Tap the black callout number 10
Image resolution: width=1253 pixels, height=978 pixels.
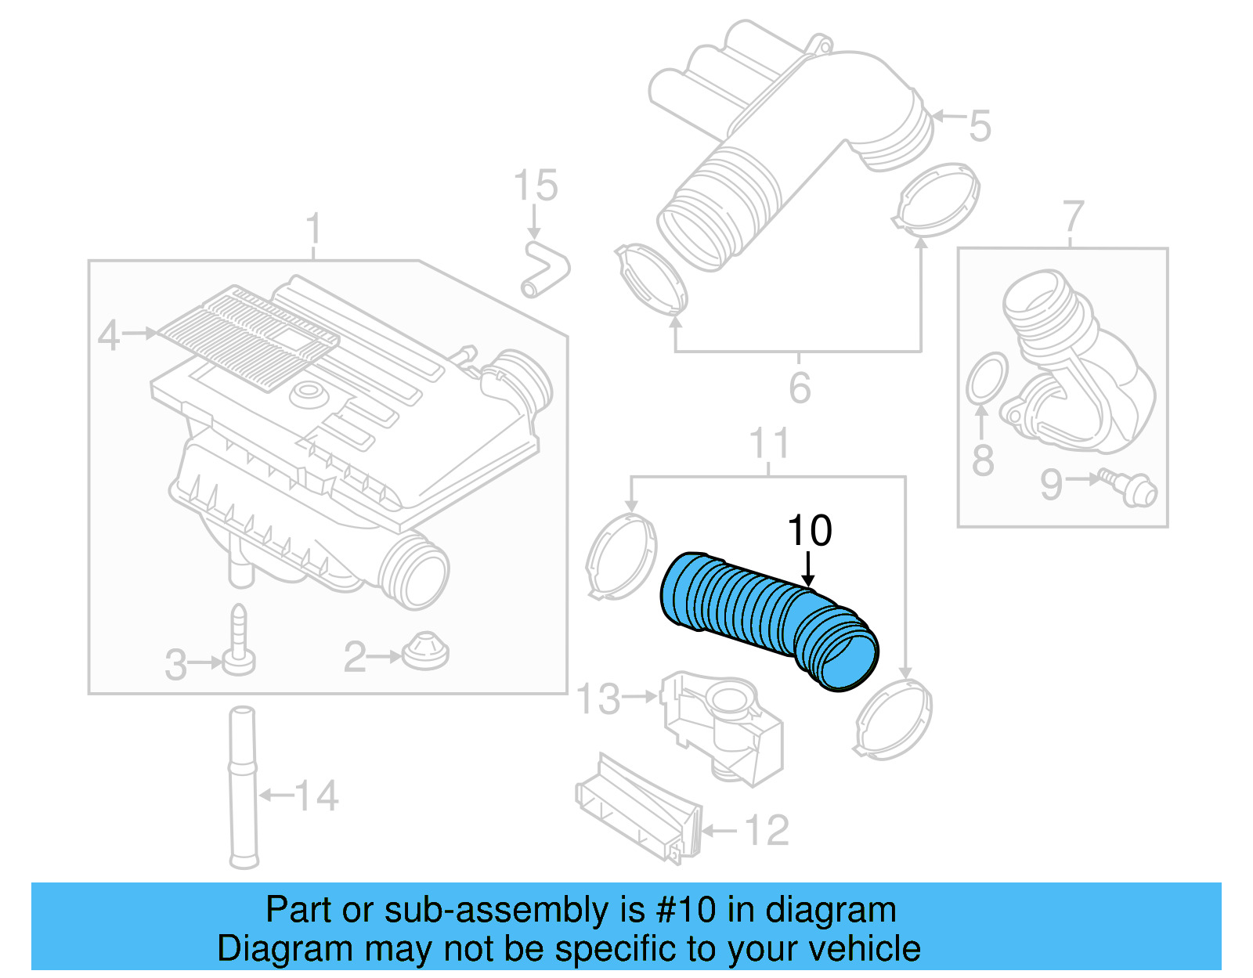click(809, 532)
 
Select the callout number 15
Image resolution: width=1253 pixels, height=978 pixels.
click(536, 186)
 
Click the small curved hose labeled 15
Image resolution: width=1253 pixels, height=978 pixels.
click(545, 269)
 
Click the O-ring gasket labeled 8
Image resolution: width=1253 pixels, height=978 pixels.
click(987, 377)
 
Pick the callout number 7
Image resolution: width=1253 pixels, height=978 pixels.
click(1073, 217)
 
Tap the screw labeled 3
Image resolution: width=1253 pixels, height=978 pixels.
click(239, 642)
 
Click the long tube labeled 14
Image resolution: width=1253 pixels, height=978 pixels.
click(243, 787)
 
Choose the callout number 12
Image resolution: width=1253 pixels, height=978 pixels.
click(766, 831)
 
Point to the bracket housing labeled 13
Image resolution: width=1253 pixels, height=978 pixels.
click(720, 724)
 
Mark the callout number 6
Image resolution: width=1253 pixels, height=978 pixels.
click(799, 388)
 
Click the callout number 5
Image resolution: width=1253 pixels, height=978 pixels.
click(980, 126)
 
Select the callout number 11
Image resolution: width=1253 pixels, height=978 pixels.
click(769, 444)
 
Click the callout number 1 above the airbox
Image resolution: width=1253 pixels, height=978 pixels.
click(313, 229)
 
